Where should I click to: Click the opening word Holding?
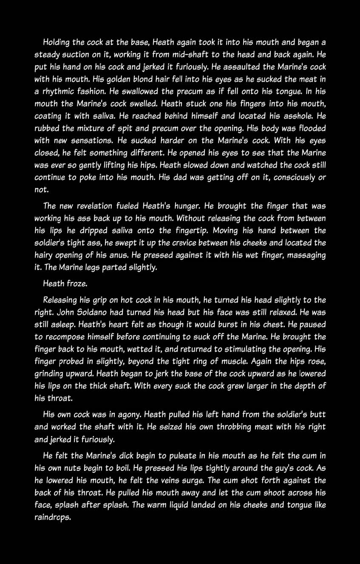point(57,43)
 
